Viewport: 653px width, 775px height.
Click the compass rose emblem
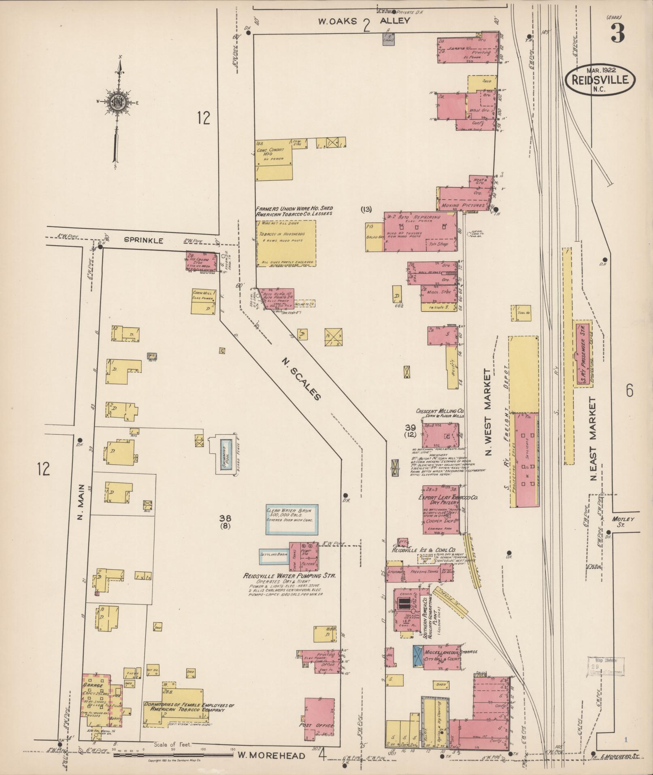point(117,103)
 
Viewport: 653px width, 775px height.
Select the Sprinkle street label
point(143,241)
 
